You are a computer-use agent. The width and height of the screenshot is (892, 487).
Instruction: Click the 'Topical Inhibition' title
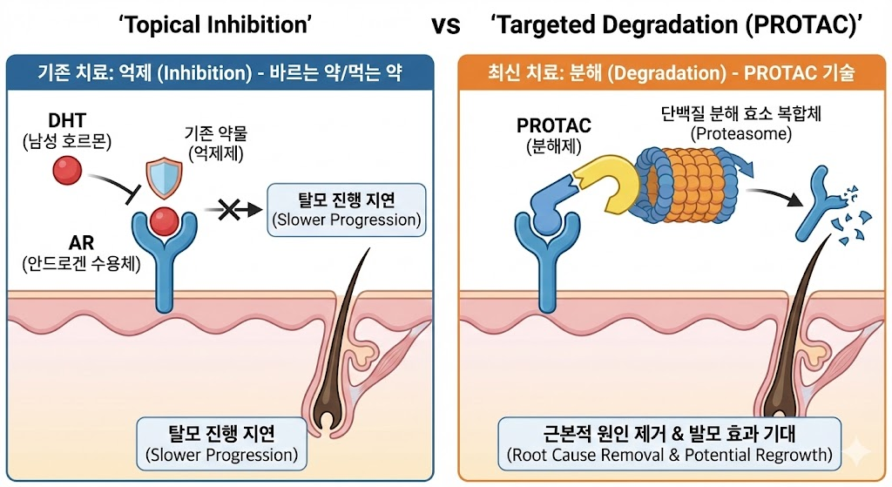[x=216, y=24]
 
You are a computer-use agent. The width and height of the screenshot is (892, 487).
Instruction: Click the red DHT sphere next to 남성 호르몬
[x=64, y=172]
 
